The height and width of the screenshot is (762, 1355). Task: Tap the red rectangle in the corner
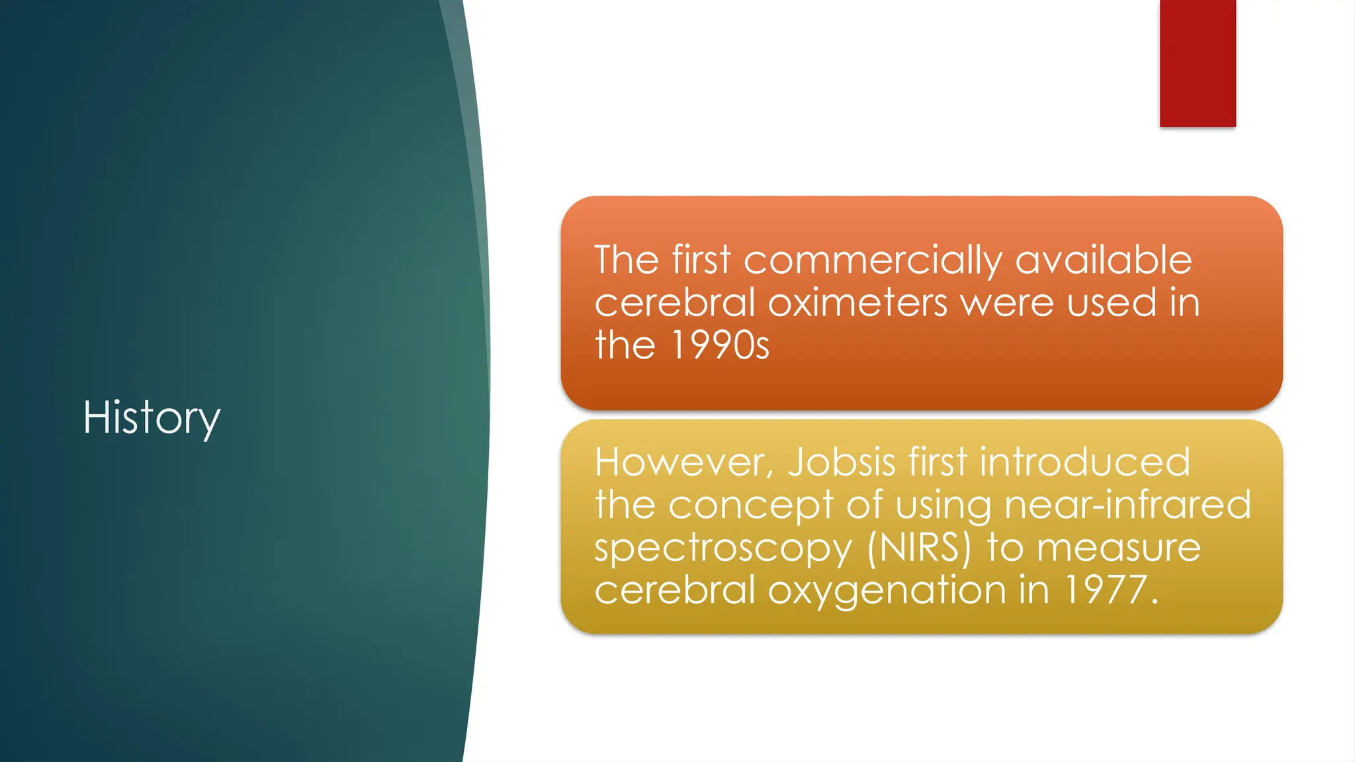point(1197,63)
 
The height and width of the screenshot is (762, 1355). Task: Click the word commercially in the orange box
point(873,260)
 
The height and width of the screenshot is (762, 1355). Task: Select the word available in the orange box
point(1103,259)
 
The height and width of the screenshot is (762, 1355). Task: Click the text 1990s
point(720,345)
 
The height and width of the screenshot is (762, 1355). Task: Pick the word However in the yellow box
point(679,462)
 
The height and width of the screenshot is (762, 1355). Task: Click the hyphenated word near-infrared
point(1127,505)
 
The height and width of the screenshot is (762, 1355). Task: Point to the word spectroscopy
point(723,549)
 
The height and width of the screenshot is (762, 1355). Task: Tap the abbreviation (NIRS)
point(919,548)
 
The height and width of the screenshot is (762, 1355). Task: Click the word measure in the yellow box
point(1118,548)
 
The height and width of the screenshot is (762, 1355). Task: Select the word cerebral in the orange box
point(674,303)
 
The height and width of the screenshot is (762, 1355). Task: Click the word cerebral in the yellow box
point(674,589)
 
